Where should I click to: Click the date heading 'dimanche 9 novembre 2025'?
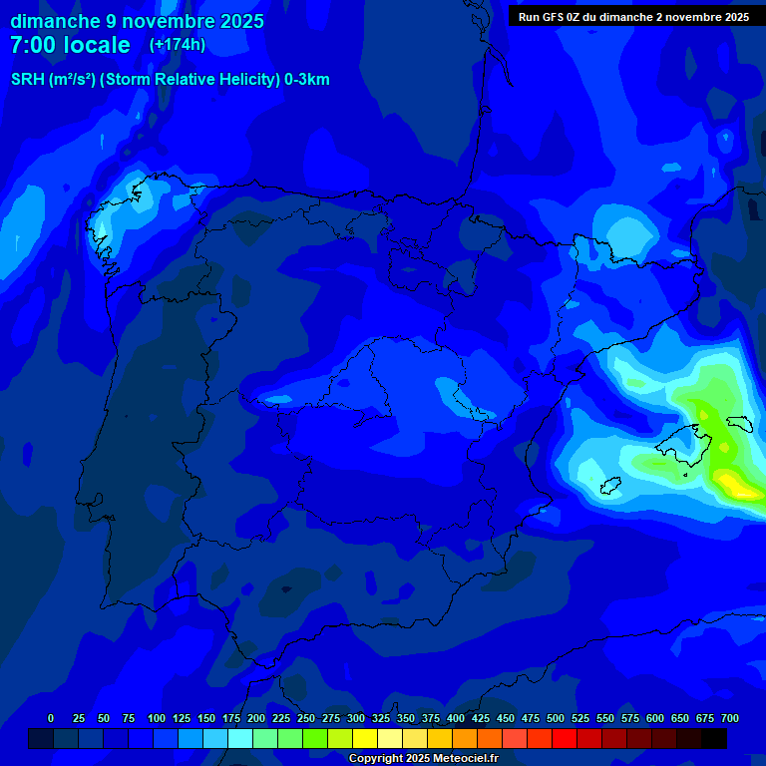click(x=137, y=21)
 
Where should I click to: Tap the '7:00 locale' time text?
click(x=70, y=45)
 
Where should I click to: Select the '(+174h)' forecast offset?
click(x=178, y=45)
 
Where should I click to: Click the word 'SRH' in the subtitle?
click(x=28, y=80)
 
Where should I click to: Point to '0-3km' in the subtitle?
click(x=306, y=80)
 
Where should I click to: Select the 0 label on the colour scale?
click(x=51, y=718)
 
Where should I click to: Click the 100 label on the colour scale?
click(x=157, y=718)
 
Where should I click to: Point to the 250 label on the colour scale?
click(x=306, y=718)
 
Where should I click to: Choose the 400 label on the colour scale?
click(x=456, y=718)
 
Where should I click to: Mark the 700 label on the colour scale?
click(x=730, y=718)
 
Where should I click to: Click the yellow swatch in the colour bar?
click(x=365, y=738)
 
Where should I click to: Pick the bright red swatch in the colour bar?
click(x=565, y=738)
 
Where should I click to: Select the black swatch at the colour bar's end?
click(x=714, y=738)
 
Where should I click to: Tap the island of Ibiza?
click(x=608, y=486)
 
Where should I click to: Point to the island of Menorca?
click(x=739, y=423)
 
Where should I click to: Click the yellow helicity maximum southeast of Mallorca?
click(x=736, y=485)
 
